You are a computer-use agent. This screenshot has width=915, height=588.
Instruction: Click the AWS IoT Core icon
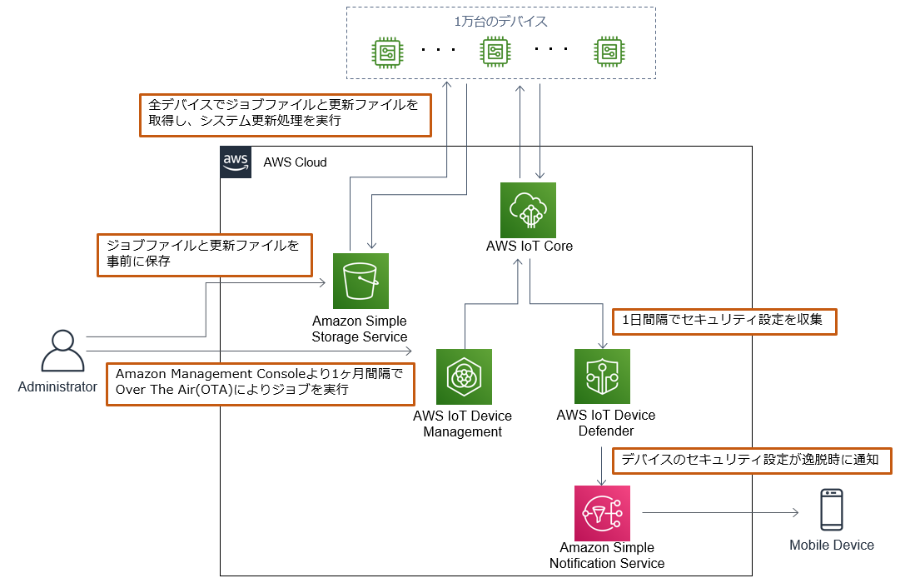point(528,210)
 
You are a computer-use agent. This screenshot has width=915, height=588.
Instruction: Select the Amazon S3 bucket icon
point(361,282)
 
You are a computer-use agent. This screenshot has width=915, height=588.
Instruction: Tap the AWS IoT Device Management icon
point(464,376)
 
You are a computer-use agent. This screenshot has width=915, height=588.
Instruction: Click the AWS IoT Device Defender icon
point(602,376)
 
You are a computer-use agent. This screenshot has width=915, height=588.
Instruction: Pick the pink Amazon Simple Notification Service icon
point(602,513)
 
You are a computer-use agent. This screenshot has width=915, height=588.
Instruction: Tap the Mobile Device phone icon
point(831,509)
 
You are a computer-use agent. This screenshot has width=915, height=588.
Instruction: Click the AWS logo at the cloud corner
point(236,162)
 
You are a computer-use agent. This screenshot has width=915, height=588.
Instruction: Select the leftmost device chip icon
point(387,52)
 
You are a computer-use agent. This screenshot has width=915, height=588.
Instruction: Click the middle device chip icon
point(495,52)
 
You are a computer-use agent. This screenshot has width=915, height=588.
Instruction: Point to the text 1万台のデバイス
point(500,21)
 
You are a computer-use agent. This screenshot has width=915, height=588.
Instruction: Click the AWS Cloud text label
point(295,162)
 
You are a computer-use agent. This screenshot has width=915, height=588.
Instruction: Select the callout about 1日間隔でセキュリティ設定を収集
point(724,321)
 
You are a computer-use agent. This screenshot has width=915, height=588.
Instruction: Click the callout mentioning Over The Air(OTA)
point(261,383)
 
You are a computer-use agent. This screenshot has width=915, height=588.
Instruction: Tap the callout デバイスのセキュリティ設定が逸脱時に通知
point(752,461)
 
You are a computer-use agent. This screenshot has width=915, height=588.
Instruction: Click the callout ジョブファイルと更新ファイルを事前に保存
point(204,254)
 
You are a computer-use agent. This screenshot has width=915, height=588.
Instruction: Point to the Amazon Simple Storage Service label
point(360,329)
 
